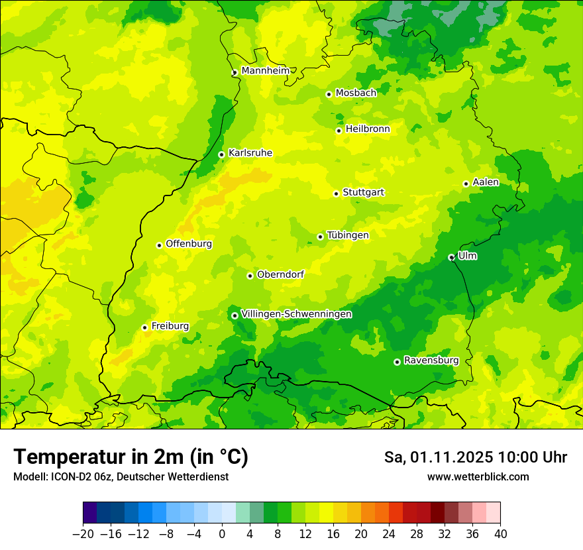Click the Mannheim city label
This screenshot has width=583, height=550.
tap(265, 71)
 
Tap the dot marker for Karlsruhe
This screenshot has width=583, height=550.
tap(221, 154)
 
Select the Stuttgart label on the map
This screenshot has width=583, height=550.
tap(363, 192)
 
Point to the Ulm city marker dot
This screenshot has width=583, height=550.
tap(451, 257)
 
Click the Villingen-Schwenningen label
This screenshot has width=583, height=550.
tap(296, 314)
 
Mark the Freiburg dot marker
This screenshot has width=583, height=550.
tap(144, 327)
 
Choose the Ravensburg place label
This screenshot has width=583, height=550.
tap(431, 360)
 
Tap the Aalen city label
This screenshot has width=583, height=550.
tap(486, 182)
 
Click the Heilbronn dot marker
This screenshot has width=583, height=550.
tap(339, 131)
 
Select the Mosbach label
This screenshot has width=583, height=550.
tap(355, 93)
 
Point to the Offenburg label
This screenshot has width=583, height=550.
tap(189, 244)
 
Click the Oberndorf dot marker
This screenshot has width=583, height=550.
tap(250, 276)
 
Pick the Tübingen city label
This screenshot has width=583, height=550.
tap(348, 235)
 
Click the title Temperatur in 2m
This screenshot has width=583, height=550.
tap(131, 457)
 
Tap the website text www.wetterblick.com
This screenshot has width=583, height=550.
tap(478, 476)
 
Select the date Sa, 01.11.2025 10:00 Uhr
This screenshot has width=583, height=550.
tap(475, 457)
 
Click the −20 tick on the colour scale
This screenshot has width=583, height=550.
tap(83, 534)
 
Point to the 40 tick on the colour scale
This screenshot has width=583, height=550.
tap(500, 534)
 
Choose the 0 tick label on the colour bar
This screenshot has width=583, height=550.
tap(222, 534)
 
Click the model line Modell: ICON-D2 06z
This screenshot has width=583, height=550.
tap(120, 476)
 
